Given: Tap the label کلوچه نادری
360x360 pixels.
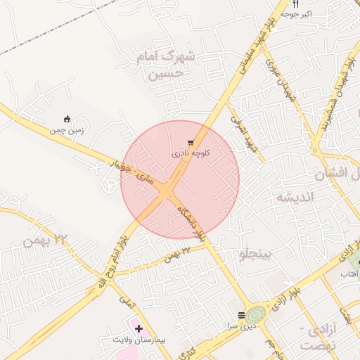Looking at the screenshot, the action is (191, 153).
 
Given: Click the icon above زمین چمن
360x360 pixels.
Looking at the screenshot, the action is (67, 119).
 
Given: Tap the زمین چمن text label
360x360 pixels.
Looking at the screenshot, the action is (67, 129).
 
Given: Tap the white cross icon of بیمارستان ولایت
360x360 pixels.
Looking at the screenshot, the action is (139, 328).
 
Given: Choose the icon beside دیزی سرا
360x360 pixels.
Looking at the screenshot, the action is (241, 315).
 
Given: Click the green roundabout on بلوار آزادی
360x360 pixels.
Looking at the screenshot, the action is (256, 313).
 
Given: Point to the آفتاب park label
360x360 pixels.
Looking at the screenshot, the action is (349, 272).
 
